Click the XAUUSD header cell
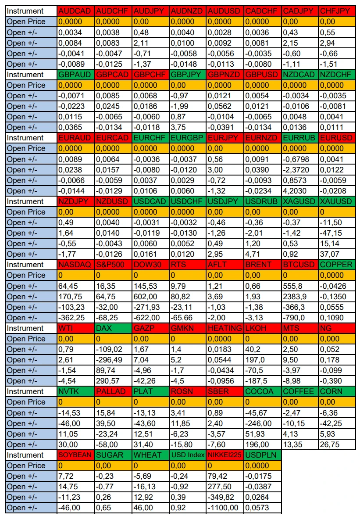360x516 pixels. point(337,201)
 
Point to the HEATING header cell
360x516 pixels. point(225,328)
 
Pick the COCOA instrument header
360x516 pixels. point(263,391)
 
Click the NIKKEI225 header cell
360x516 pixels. point(225,455)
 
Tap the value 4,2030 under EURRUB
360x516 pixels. point(295,191)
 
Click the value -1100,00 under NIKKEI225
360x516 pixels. point(223,508)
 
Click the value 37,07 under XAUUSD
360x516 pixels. point(329,254)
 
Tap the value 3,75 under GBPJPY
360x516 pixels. point(178,127)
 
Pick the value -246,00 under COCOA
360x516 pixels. point(258,423)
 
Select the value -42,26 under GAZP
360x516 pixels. point(144,381)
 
